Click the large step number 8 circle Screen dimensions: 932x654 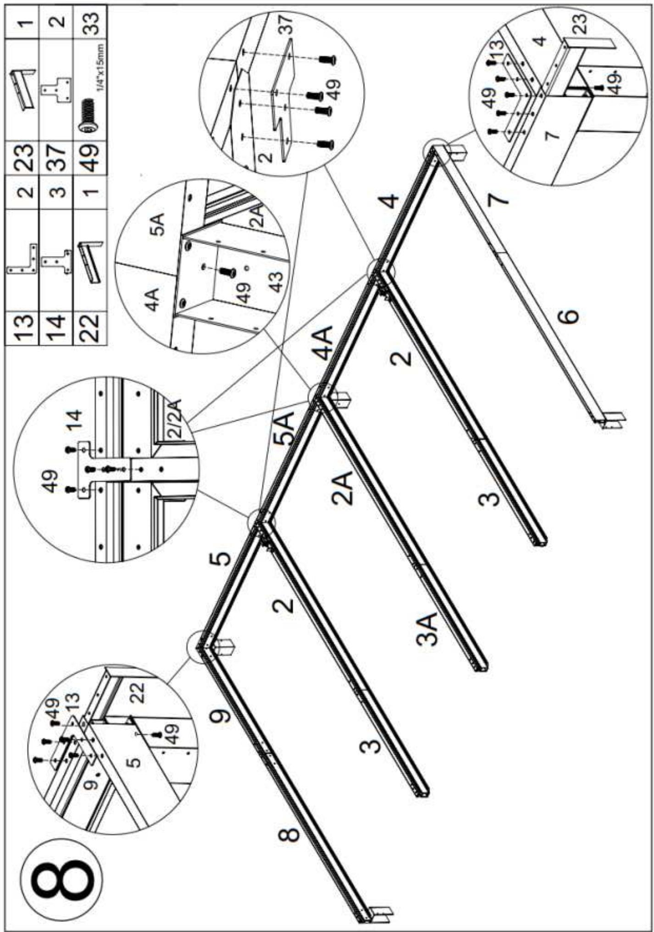coord(62,878)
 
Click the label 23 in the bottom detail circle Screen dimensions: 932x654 coord(580,25)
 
